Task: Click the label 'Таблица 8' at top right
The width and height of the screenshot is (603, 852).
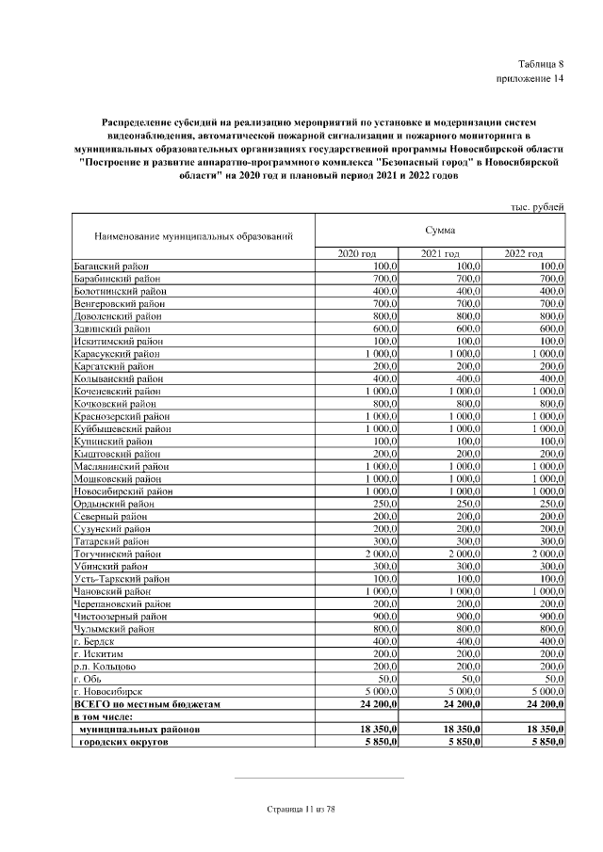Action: [541, 63]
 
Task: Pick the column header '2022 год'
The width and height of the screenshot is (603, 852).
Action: [524, 254]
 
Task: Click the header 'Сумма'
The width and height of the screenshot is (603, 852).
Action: [439, 230]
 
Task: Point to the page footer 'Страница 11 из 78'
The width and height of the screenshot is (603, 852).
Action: [301, 809]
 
